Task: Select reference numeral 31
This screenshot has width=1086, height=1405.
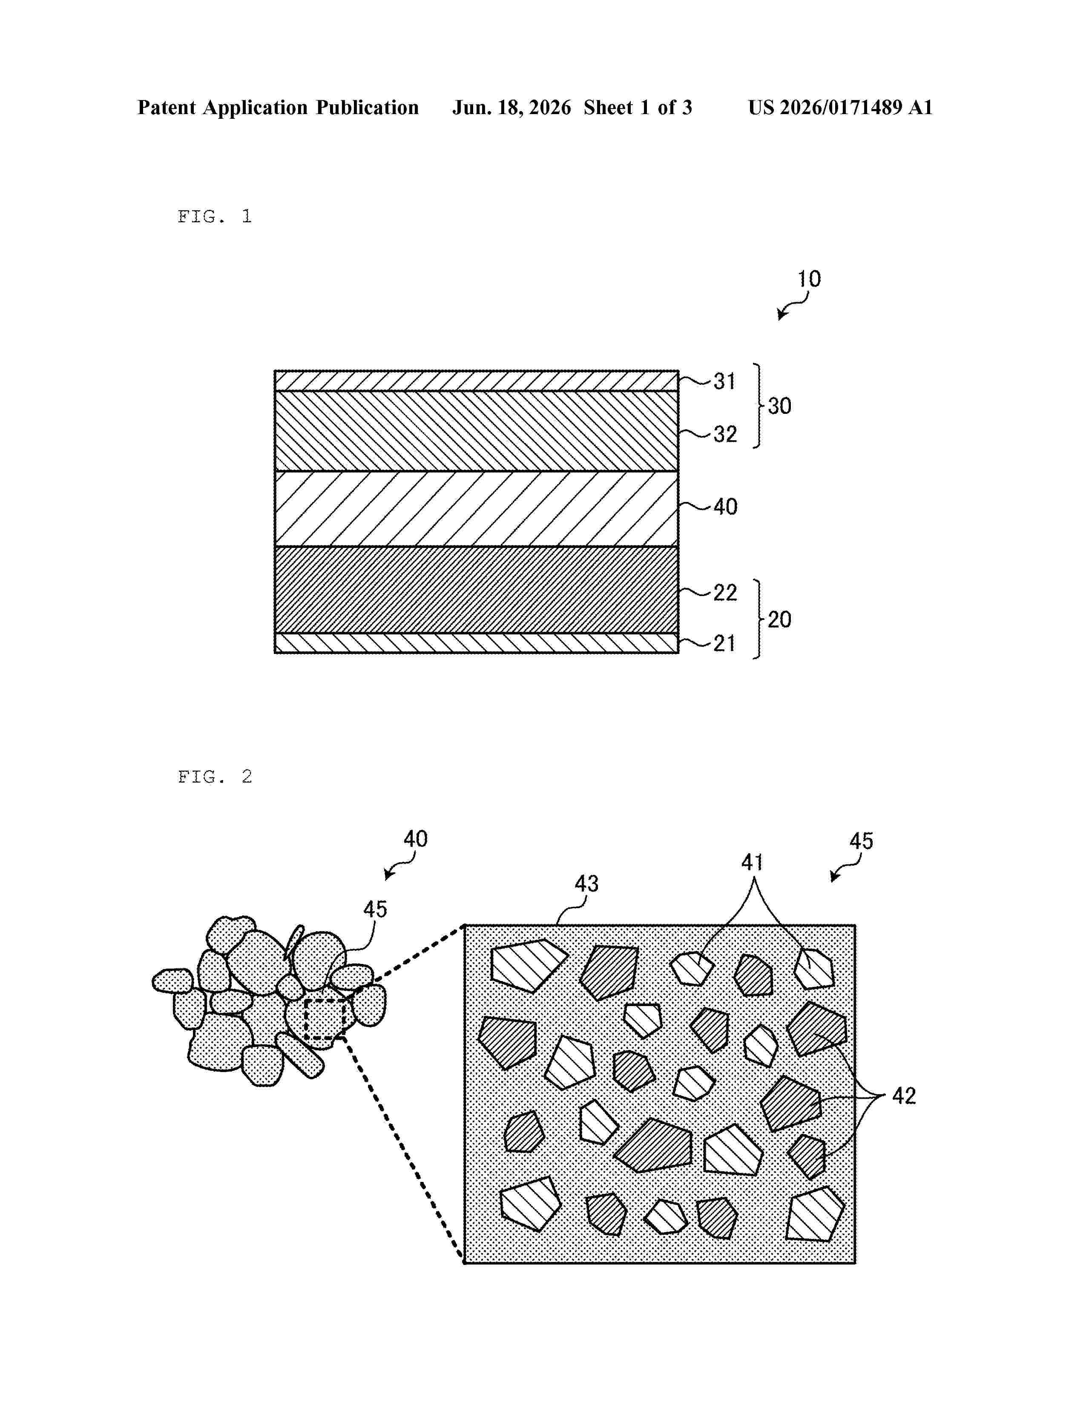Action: coord(724,381)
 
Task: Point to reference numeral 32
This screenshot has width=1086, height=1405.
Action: coord(725,434)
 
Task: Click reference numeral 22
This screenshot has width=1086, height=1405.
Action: coord(725,593)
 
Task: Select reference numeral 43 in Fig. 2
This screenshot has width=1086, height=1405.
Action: coord(587,884)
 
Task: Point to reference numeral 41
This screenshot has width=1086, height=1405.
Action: coord(752,862)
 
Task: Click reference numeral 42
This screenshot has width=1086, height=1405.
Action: coord(904,1095)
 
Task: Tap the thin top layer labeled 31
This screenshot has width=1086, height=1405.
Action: coord(476,381)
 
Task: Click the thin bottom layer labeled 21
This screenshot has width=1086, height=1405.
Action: coord(476,643)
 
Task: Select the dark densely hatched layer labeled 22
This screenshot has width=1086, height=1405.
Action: coord(476,590)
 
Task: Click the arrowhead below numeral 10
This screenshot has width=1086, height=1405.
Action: coord(781,315)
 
